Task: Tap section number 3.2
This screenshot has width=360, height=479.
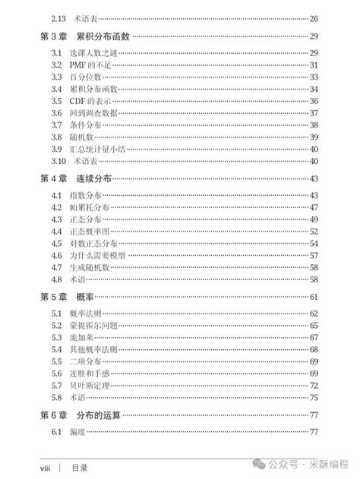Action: point(56,65)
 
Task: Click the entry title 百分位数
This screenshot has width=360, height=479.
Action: point(84,77)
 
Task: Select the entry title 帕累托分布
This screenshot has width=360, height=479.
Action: point(88,207)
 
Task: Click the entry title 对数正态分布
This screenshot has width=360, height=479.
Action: point(93,244)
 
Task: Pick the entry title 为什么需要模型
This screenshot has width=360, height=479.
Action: point(97,256)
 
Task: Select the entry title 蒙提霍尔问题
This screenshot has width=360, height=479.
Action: point(93,325)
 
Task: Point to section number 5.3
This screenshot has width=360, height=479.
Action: point(56,337)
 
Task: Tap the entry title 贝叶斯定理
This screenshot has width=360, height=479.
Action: point(88,385)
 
